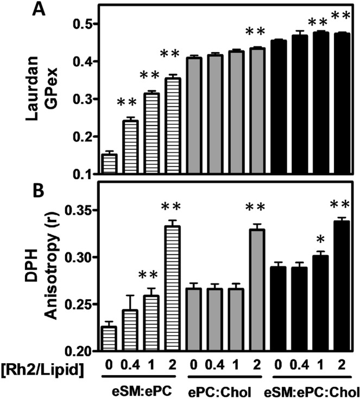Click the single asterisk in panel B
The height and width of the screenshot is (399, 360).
tap(320, 239)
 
